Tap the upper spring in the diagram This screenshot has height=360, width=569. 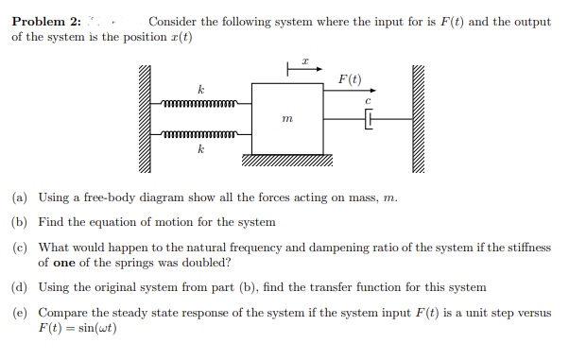(x=203, y=102)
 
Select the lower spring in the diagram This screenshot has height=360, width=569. (x=203, y=134)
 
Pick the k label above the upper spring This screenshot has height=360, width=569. (x=200, y=89)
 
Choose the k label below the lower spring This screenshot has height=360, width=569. (x=200, y=148)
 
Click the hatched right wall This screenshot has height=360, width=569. (x=419, y=119)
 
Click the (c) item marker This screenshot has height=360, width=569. (x=19, y=247)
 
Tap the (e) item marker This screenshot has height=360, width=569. (x=19, y=312)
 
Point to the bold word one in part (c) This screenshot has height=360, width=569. (x=65, y=262)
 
